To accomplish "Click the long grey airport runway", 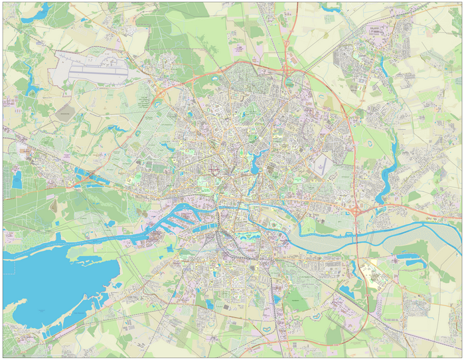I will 94,68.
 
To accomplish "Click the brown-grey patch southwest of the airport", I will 64,110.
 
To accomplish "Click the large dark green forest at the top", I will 173,33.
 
